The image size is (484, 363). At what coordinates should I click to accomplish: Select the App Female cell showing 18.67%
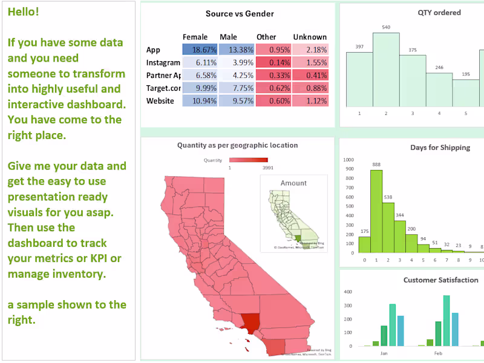[x=199, y=50]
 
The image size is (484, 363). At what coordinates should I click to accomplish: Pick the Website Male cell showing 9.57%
[x=236, y=101]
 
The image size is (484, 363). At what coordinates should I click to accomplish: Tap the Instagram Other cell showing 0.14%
[x=273, y=62]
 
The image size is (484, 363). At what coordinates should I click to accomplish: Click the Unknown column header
[x=310, y=37]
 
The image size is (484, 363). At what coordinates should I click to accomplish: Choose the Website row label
[x=160, y=101]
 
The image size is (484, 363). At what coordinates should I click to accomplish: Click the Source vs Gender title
[x=239, y=14]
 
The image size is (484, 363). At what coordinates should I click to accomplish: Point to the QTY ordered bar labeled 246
[x=439, y=90]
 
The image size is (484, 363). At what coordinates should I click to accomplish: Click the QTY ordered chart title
[x=439, y=13]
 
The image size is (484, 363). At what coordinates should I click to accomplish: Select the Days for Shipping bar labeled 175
[x=364, y=244]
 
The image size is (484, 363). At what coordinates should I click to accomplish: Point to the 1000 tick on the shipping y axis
[x=348, y=160]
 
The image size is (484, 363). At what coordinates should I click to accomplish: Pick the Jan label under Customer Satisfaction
[x=384, y=353]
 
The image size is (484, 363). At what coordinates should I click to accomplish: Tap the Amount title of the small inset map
[x=293, y=183]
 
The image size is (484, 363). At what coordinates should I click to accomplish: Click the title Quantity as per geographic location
[x=237, y=145]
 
